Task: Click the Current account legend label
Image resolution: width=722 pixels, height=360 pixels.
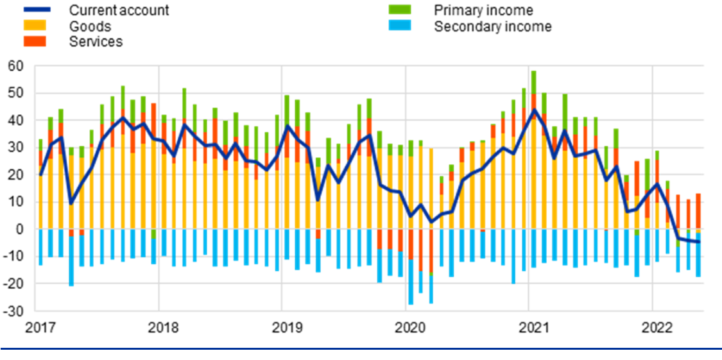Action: coord(119,10)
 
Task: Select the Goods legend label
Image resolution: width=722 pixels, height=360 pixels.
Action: coord(90,26)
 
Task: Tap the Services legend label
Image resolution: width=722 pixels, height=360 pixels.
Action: coord(96,42)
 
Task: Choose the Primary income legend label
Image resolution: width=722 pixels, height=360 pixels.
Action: coord(483,10)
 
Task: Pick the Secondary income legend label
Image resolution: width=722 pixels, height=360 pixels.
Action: coord(492,26)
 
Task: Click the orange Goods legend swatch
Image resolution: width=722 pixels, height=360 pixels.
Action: coord(35,26)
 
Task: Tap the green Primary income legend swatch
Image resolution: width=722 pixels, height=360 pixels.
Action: coord(400,10)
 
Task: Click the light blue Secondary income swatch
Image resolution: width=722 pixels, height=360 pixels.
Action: coord(400,26)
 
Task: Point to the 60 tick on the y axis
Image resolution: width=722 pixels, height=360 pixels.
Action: coord(15,66)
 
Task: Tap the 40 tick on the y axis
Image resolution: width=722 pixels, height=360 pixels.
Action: coord(15,121)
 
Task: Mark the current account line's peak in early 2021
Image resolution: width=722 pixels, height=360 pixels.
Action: coord(534,110)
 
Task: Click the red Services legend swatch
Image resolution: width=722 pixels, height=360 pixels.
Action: coord(35,42)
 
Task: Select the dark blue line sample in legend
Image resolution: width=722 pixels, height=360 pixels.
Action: coord(35,10)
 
